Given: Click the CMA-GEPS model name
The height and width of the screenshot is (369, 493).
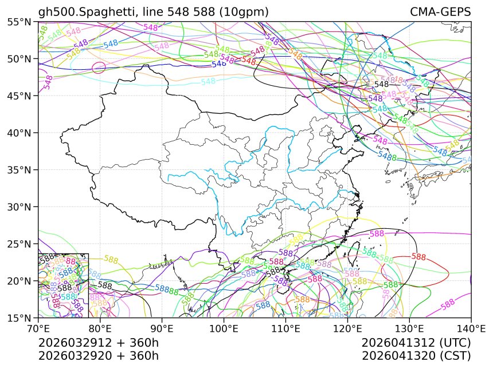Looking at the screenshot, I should [440, 12].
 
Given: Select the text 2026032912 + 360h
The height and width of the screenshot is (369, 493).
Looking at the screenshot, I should [98, 343].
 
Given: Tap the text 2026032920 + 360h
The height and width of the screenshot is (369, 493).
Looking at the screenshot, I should [98, 356].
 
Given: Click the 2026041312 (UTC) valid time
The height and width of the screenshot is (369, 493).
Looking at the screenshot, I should [416, 343].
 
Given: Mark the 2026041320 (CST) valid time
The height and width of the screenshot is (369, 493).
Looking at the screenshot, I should [416, 356].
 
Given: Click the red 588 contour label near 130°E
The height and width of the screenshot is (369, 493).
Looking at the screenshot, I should [418, 257].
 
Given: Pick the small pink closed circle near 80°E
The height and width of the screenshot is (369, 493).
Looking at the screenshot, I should [99, 68].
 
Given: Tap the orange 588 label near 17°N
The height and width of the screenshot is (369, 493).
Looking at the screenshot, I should [302, 299].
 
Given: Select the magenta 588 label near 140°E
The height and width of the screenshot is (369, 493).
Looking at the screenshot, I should [448, 302].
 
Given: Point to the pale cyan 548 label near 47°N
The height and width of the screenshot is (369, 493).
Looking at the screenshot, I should [209, 81].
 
